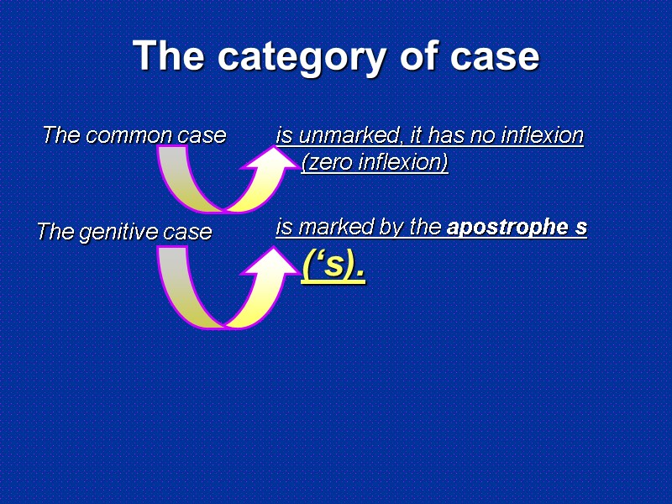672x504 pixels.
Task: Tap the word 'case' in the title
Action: click(495, 57)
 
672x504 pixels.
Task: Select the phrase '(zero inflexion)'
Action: click(374, 162)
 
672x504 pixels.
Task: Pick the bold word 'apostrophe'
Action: click(505, 227)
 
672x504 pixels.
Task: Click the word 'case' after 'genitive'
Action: click(189, 232)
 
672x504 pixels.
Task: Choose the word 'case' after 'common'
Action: click(202, 134)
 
